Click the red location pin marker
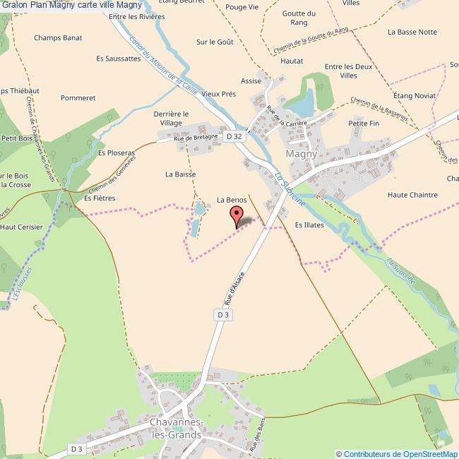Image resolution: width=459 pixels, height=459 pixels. [x=237, y=216]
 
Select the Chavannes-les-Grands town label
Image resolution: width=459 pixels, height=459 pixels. [x=176, y=429]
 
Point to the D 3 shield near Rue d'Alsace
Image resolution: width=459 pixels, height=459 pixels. [x=222, y=314]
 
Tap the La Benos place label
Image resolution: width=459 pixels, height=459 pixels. [x=232, y=200]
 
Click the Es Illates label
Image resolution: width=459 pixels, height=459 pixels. [x=309, y=225]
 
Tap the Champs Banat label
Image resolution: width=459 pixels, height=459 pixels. [x=58, y=37]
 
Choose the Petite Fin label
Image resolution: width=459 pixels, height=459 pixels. [x=364, y=123]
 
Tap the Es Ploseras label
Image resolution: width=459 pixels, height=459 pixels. [x=116, y=152]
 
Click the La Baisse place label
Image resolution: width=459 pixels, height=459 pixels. [x=180, y=174]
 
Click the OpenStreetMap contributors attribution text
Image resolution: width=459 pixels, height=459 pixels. [x=396, y=454]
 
